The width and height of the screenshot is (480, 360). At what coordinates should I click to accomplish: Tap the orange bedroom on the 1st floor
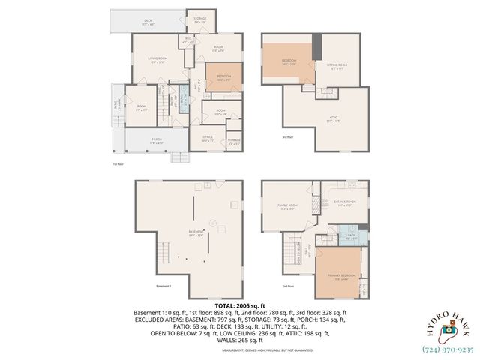point(223,79)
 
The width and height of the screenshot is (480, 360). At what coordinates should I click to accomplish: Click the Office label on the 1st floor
point(208,138)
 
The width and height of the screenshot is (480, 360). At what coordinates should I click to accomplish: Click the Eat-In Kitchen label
point(345,204)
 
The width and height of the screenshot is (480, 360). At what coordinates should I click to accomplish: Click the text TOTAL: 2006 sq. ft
point(239,306)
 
